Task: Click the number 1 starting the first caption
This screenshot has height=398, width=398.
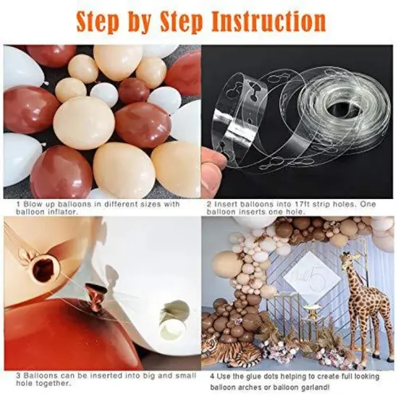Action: tap(18, 204)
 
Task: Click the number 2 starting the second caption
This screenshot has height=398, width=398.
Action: tap(209, 204)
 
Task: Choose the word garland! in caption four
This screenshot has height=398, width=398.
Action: tap(308, 388)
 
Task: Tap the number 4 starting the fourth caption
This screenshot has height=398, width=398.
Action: tap(212, 377)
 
